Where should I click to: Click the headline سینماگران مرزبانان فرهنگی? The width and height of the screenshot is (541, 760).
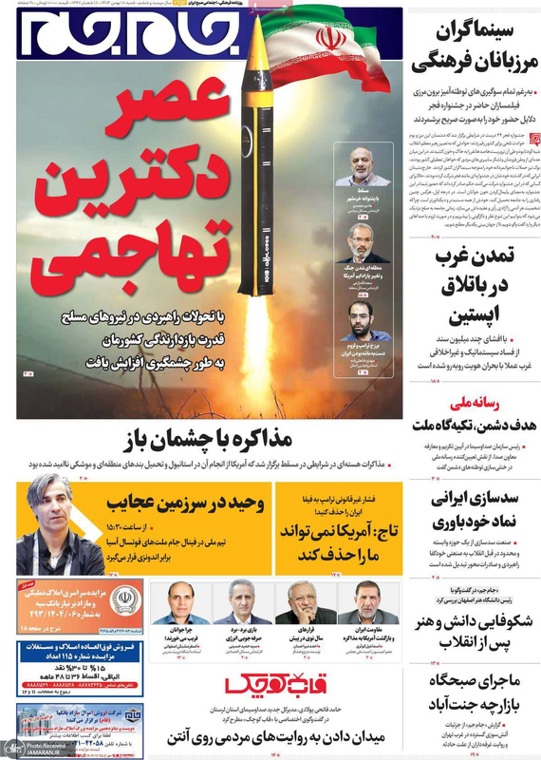coord(475,53)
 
